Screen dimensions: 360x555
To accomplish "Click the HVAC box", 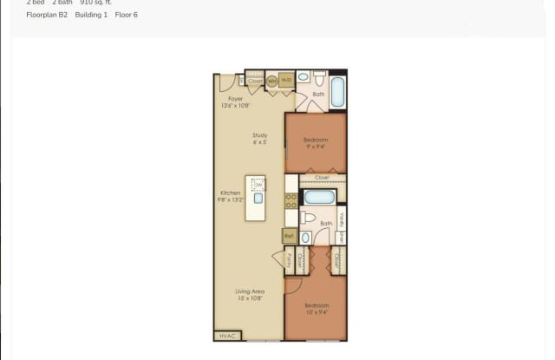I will pos(227,336).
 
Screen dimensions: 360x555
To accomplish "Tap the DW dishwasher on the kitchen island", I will pos(258,185).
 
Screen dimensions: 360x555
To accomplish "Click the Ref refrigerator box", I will pos(291,235).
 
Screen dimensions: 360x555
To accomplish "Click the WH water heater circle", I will pos(271,81).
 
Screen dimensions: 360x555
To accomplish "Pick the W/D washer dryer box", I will pos(286,81).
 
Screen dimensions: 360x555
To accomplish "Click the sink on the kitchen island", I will pos(258,199).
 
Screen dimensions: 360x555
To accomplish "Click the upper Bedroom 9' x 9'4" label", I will pos(317,142).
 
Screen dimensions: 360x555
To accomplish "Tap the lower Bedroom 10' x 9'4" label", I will pos(317,308).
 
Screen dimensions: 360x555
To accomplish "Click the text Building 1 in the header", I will pos(91,15).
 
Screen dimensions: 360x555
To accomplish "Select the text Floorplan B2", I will pos(47,15).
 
